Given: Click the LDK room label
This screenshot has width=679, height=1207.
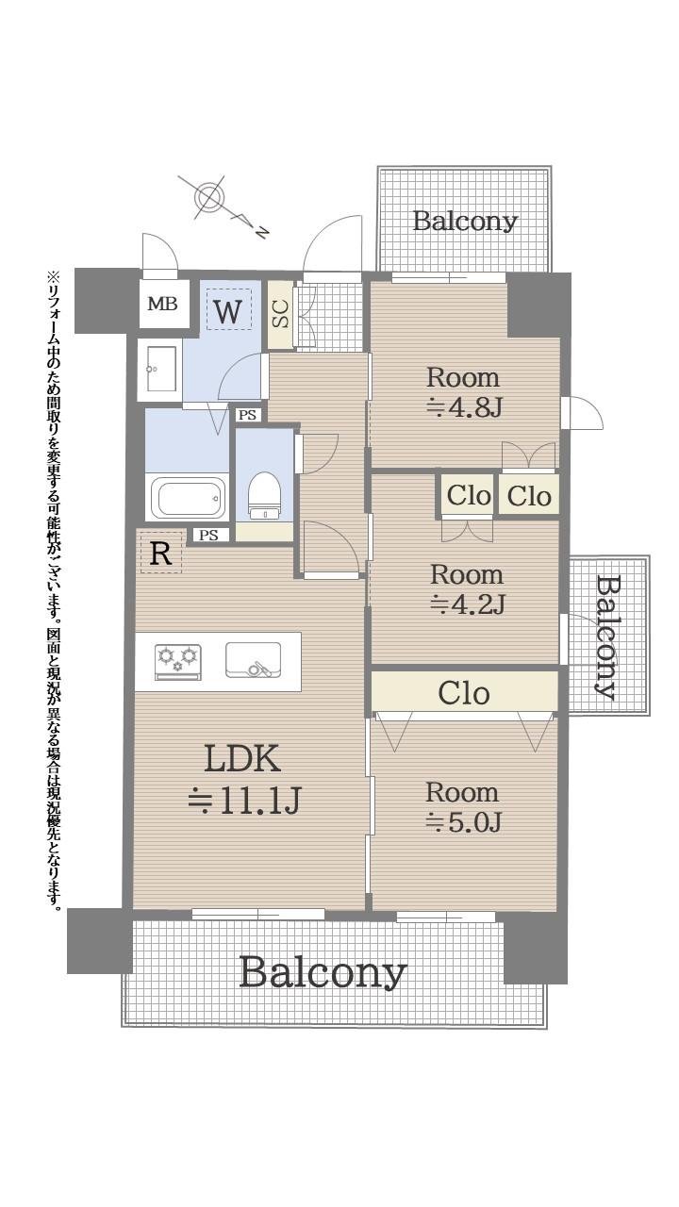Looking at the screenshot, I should click(x=241, y=759).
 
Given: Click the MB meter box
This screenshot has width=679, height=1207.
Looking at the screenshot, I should click(x=161, y=304).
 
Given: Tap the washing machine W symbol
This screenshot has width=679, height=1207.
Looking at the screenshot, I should click(x=227, y=310).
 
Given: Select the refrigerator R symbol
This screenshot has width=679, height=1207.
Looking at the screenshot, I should click(x=160, y=554).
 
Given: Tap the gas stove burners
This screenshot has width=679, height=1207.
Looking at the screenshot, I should click(x=178, y=659).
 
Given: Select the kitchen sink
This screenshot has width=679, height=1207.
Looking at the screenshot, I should click(x=253, y=660).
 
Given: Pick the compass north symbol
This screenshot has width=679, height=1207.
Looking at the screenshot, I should click(x=207, y=198).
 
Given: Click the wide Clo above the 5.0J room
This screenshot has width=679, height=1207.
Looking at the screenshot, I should click(x=464, y=693).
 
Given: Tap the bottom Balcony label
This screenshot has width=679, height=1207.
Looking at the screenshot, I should click(x=323, y=971).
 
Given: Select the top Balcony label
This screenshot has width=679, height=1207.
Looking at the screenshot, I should click(x=465, y=221).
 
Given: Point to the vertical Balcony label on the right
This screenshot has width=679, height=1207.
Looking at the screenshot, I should click(x=608, y=637).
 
